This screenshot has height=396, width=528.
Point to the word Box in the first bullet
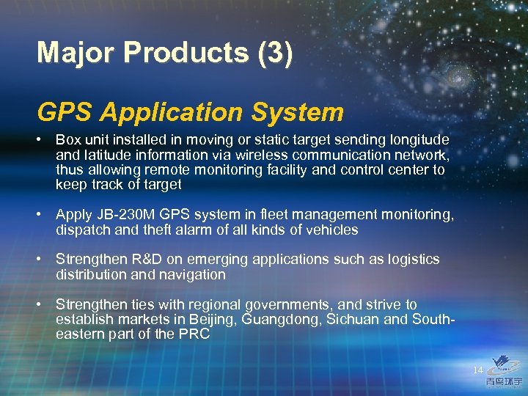tap(68, 139)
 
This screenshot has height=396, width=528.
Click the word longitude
tap(418, 139)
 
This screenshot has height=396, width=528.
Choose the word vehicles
tap(331, 230)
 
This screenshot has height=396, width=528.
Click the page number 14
tap(479, 370)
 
